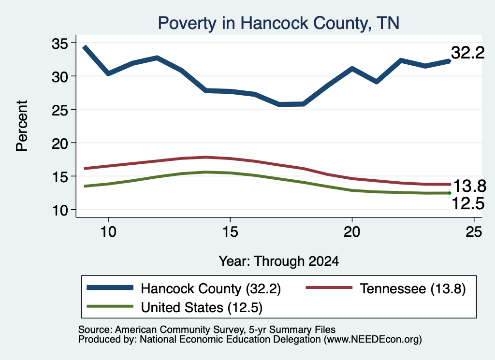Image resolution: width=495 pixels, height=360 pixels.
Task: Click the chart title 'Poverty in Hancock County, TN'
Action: pyautogui.click(x=278, y=23)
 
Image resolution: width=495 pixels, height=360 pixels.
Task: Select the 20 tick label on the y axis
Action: pyautogui.click(x=60, y=144)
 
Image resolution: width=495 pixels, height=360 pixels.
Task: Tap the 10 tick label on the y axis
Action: pyautogui.click(x=60, y=210)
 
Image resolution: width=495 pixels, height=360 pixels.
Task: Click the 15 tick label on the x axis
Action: pyautogui.click(x=230, y=232)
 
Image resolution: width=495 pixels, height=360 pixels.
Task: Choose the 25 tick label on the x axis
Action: pyautogui.click(x=474, y=232)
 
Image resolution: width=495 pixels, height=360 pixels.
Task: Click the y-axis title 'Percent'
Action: pyautogui.click(x=22, y=126)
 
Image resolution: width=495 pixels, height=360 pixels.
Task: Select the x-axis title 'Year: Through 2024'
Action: pyautogui.click(x=279, y=261)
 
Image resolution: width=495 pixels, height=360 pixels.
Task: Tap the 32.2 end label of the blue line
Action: pyautogui.click(x=467, y=53)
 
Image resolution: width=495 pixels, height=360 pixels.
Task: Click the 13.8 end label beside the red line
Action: pyautogui.click(x=469, y=186)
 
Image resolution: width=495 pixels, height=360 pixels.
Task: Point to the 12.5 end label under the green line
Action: pyautogui.click(x=468, y=203)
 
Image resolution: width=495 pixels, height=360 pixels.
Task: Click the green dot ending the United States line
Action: pyautogui.click(x=450, y=193)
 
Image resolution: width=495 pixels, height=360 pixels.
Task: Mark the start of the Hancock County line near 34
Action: pyautogui.click(x=84, y=47)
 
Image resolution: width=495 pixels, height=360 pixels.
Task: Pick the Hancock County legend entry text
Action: pyautogui.click(x=211, y=288)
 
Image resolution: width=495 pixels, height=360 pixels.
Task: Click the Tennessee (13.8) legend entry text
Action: pyautogui.click(x=413, y=288)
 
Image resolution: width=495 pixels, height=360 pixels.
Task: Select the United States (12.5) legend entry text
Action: pyautogui.click(x=202, y=308)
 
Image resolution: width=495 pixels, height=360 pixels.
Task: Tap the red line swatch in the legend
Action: pyautogui.click(x=329, y=288)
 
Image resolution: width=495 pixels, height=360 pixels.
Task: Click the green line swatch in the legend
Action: pyautogui.click(x=110, y=306)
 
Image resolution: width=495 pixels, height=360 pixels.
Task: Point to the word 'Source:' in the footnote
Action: pyautogui.click(x=95, y=330)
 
